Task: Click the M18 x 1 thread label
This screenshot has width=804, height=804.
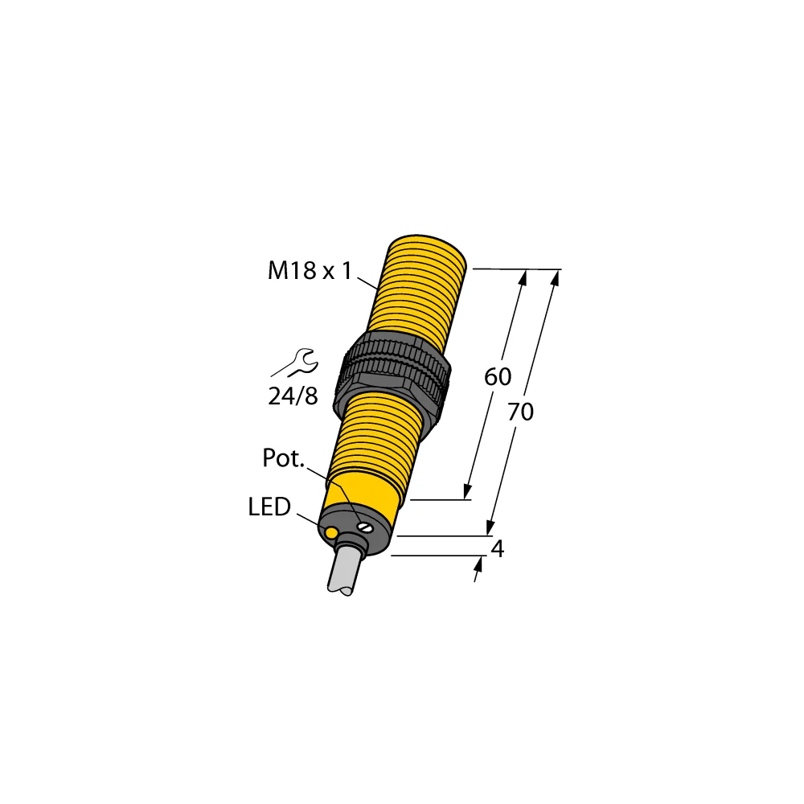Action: pos(310,272)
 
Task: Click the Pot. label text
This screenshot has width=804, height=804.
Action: pos(284,459)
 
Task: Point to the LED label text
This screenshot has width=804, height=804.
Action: pos(269,507)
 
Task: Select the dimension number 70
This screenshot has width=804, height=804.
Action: pos(521,412)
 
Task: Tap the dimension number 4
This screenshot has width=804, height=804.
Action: pos(498,549)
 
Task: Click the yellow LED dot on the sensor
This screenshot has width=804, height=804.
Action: pos(330,531)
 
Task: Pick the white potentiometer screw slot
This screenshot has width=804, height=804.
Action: pos(366,528)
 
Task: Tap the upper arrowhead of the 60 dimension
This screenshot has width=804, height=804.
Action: pos(523,277)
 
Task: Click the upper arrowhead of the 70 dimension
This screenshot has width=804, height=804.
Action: pos(556,277)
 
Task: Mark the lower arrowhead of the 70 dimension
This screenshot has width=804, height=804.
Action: pos(489,527)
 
